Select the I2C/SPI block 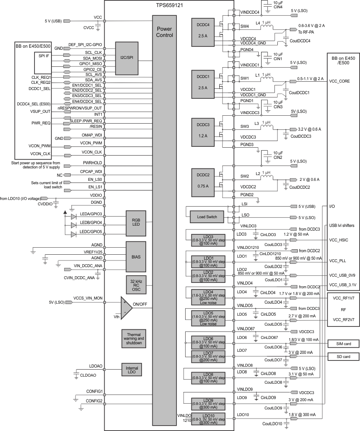coord(126,58)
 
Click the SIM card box coord(341,343)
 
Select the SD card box coord(341,356)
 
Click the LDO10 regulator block coord(208,419)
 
